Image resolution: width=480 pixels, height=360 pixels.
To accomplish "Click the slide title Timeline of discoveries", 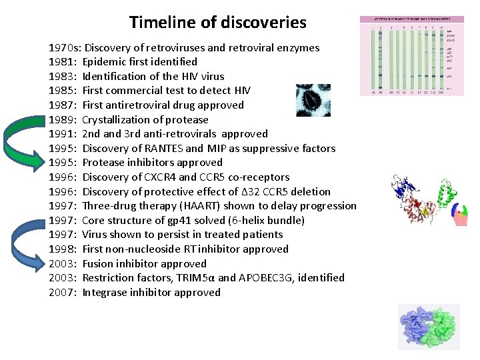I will (217, 22).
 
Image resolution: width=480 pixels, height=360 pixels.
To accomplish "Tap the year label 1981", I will (63, 62).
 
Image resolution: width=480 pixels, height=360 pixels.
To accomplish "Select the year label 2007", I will (63, 292).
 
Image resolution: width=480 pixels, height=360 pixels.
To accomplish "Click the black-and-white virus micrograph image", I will (313, 100).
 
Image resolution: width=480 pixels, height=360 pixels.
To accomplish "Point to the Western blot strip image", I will (411, 56).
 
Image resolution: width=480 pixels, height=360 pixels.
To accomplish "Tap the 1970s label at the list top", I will (65, 47).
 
